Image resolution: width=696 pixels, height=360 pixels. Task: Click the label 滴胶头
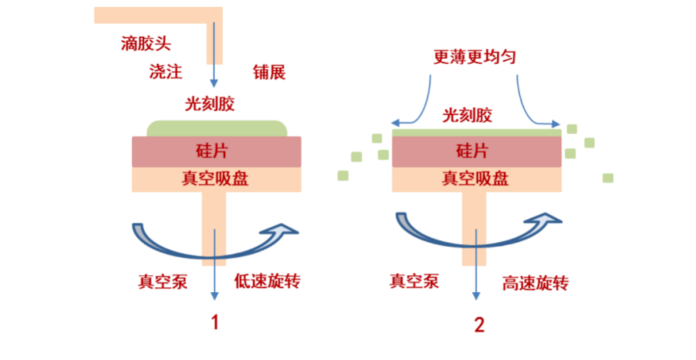pyautogui.click(x=146, y=45)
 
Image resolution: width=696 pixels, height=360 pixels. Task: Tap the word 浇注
pyautogui.click(x=165, y=72)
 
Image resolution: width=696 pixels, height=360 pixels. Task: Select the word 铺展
pyautogui.click(x=269, y=72)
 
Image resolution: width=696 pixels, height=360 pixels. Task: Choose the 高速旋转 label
pyautogui.click(x=535, y=282)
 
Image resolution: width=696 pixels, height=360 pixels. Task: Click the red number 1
pyautogui.click(x=215, y=322)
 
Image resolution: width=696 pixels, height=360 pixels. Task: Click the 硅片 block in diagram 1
pyautogui.click(x=216, y=151)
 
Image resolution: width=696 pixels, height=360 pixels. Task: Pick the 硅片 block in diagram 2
pyautogui.click(x=476, y=151)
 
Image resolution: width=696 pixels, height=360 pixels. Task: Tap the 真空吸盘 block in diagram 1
pyautogui.click(x=216, y=178)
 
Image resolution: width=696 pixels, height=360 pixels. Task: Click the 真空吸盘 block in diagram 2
pyautogui.click(x=476, y=178)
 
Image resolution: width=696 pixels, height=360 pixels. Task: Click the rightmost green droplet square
pyautogui.click(x=608, y=178)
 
